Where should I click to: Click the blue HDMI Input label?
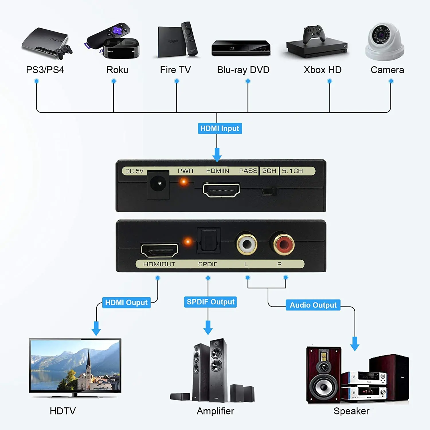220,128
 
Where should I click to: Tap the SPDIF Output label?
210,302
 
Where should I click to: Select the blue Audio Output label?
313,305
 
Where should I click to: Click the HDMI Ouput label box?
126,302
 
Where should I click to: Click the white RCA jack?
247,244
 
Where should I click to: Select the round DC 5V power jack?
158,184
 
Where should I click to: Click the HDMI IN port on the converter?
221,190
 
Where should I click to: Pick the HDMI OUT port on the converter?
160,250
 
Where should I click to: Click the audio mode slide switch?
269,191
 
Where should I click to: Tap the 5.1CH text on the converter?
292,171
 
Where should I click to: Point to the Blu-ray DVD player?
241,48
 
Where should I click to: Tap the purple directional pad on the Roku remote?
117,30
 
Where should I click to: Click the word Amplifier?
215,411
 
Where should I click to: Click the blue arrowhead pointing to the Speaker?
355,345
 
